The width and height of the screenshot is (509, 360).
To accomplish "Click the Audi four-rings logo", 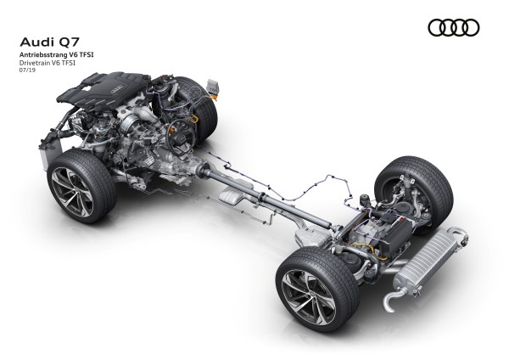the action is (454, 28).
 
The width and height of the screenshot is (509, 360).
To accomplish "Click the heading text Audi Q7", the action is (50, 42).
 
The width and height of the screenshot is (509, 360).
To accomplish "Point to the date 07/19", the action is (28, 70).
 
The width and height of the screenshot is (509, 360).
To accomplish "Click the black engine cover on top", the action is (103, 87).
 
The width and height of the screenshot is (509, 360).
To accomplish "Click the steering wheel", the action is (181, 137).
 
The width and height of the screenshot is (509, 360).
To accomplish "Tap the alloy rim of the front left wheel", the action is (72, 188).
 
